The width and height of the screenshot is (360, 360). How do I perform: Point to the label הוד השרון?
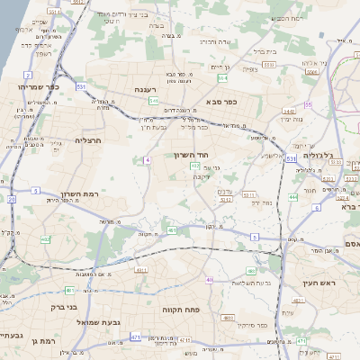point(191,156)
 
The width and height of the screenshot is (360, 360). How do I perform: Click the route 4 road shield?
point(146,159)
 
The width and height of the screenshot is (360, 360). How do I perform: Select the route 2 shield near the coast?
point(29,75)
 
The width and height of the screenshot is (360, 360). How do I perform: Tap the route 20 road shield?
point(12,199)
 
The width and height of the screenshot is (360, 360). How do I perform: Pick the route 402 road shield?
point(45,239)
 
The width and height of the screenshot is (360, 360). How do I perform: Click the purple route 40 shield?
point(210,280)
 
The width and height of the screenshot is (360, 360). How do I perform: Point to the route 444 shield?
point(293,196)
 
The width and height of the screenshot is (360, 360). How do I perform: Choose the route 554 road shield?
point(221,78)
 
